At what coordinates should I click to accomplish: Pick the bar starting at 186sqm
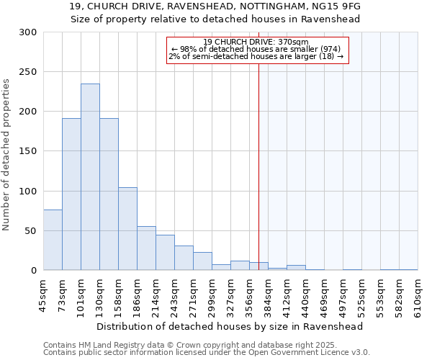pos(146,248)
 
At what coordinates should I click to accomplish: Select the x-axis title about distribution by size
pos(229,326)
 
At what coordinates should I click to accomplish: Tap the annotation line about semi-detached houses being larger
pos(256,56)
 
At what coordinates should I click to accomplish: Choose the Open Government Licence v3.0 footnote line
pos(207,353)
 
